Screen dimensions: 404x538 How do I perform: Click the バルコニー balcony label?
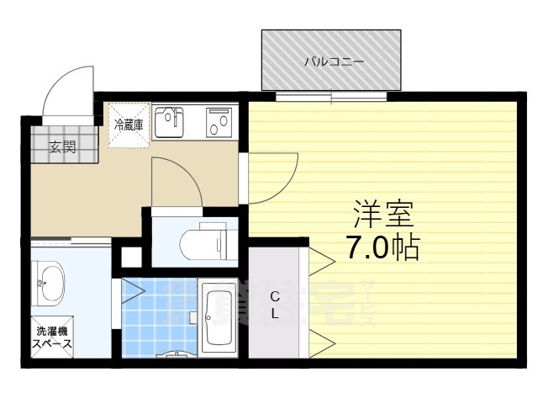point(334,61)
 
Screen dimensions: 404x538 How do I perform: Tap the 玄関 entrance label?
point(61,148)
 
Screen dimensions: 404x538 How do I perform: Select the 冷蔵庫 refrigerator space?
point(129,125)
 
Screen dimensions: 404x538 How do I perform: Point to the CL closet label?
point(275,305)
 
